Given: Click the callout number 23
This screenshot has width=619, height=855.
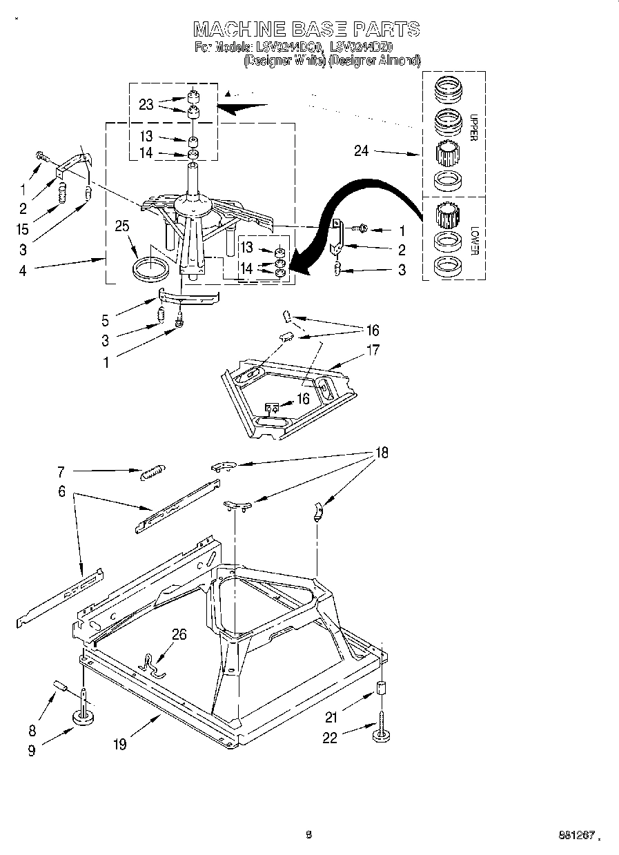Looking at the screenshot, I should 146,105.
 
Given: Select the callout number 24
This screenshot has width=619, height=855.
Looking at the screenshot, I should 362,151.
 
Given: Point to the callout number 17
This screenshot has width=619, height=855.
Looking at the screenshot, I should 373,350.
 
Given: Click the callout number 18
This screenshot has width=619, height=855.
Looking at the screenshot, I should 381,453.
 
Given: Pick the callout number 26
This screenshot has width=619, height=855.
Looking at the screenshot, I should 179,635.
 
